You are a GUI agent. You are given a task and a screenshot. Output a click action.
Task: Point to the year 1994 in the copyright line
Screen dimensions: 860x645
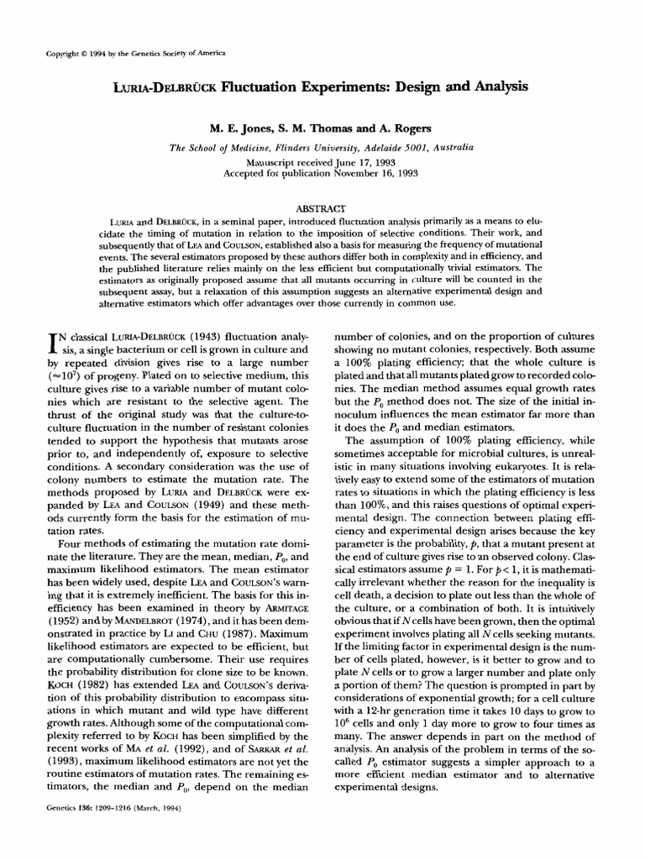tap(90, 53)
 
